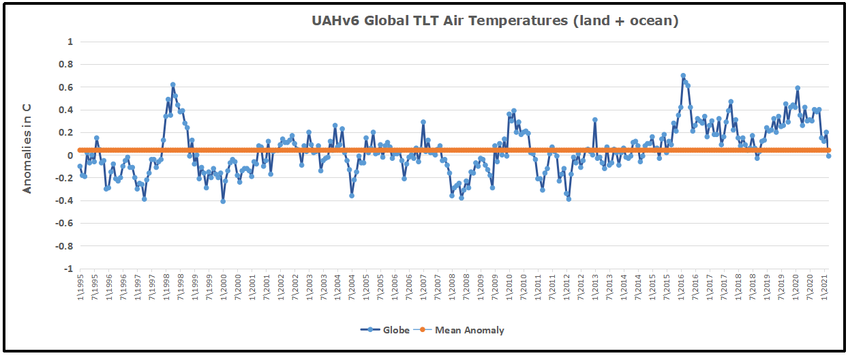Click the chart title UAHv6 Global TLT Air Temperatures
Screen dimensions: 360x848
[495, 21]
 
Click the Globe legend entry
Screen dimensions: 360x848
[385, 330]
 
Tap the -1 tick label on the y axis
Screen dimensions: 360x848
[68, 269]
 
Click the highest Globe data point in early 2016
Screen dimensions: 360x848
[683, 76]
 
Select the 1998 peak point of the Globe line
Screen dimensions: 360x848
[173, 85]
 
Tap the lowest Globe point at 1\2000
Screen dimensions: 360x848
[223, 201]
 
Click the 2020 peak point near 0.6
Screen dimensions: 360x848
[798, 88]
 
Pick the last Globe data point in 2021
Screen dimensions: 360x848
[829, 155]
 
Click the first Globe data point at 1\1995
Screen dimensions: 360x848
[80, 166]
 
